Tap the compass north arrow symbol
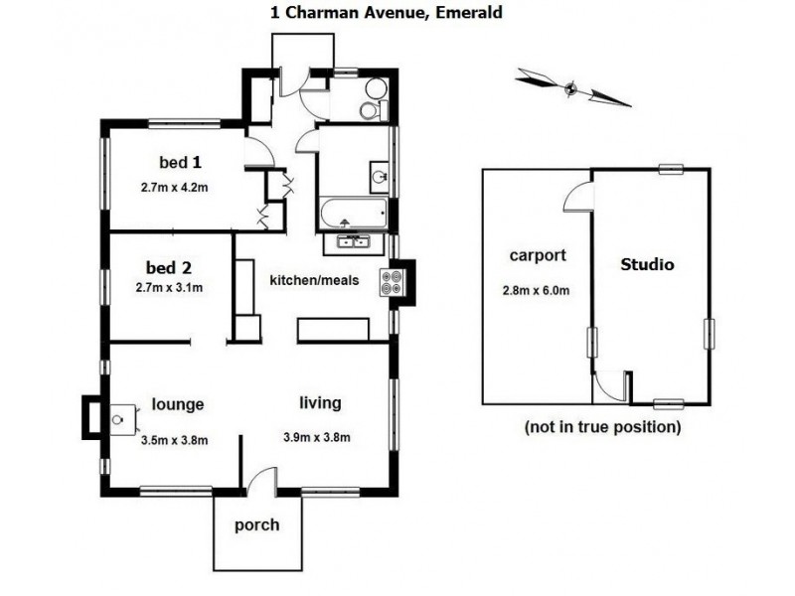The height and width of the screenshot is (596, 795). click(x=572, y=87)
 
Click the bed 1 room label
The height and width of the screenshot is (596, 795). click(x=181, y=162)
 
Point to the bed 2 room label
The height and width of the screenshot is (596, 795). click(x=168, y=267)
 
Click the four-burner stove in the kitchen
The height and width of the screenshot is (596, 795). click(x=389, y=283)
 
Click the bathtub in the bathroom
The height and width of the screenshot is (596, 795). click(x=352, y=212)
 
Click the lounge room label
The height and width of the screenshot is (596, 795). click(x=178, y=404)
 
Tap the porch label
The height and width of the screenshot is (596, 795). click(x=256, y=524)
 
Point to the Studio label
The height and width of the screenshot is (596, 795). click(x=647, y=265)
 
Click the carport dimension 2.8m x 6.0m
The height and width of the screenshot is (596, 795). click(x=538, y=291)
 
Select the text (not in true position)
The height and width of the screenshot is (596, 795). click(x=602, y=427)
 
